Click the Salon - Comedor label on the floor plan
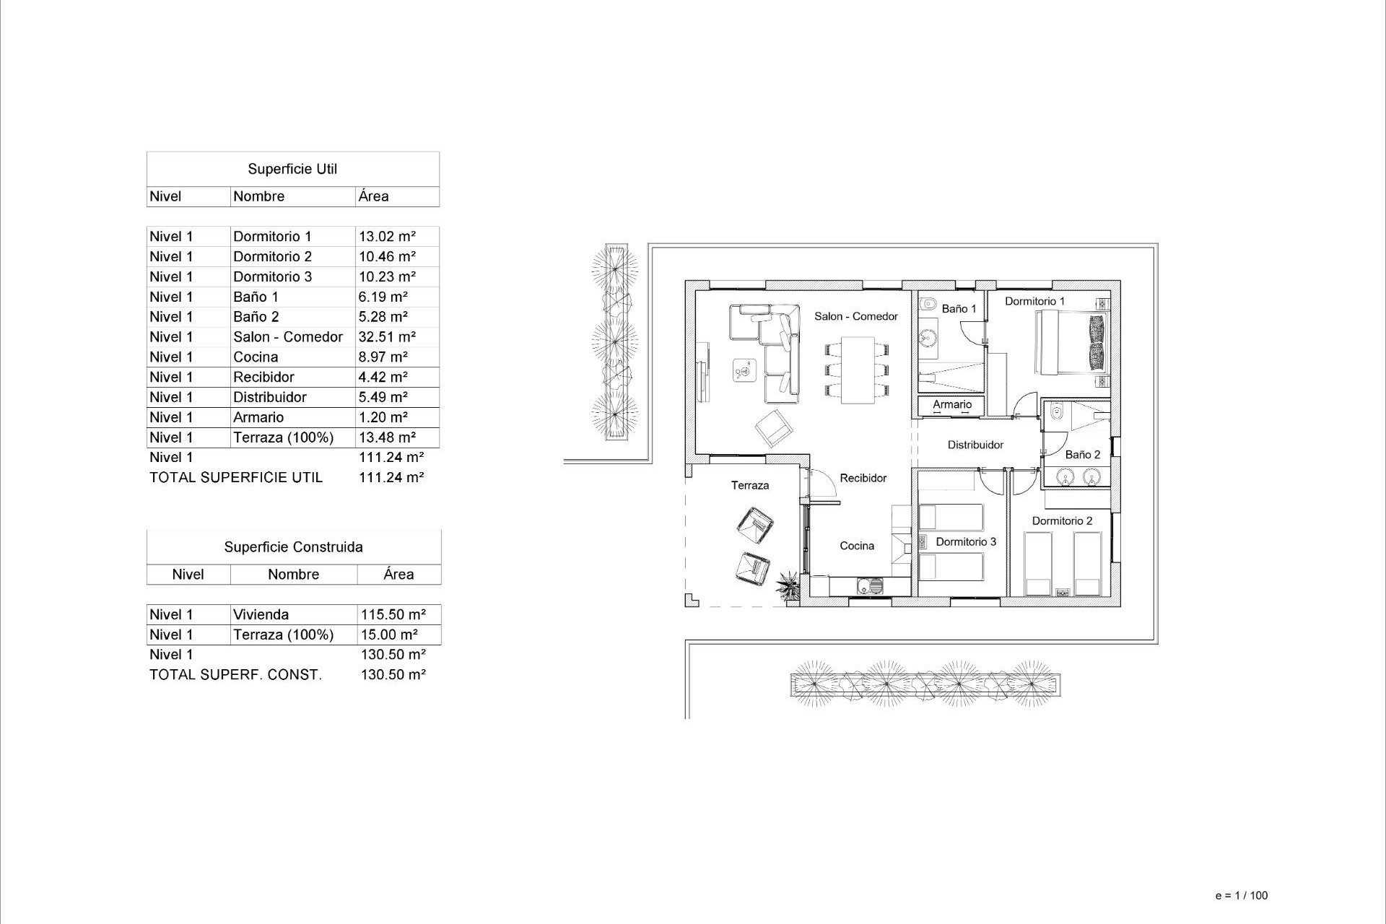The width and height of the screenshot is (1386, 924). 855,316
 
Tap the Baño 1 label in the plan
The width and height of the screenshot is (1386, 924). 959,309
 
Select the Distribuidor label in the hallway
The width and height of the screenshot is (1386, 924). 975,445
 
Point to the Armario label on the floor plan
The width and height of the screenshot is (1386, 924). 952,404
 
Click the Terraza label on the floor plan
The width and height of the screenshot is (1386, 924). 750,485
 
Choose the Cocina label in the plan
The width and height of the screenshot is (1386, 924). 857,546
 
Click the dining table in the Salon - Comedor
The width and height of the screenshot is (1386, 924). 857,370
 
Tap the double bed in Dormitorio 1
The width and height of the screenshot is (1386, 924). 1071,342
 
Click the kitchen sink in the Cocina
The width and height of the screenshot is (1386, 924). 869,586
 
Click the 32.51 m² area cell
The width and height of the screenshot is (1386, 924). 387,337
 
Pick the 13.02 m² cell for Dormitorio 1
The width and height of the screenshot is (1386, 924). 387,236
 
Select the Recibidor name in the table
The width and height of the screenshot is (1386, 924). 263,377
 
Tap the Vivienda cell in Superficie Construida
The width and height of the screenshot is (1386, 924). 261,615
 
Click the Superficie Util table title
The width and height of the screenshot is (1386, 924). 292,169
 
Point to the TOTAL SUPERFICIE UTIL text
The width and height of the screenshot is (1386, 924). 236,477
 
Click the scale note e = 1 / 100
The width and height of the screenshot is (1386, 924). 1241,895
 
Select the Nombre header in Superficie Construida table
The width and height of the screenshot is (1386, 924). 293,575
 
